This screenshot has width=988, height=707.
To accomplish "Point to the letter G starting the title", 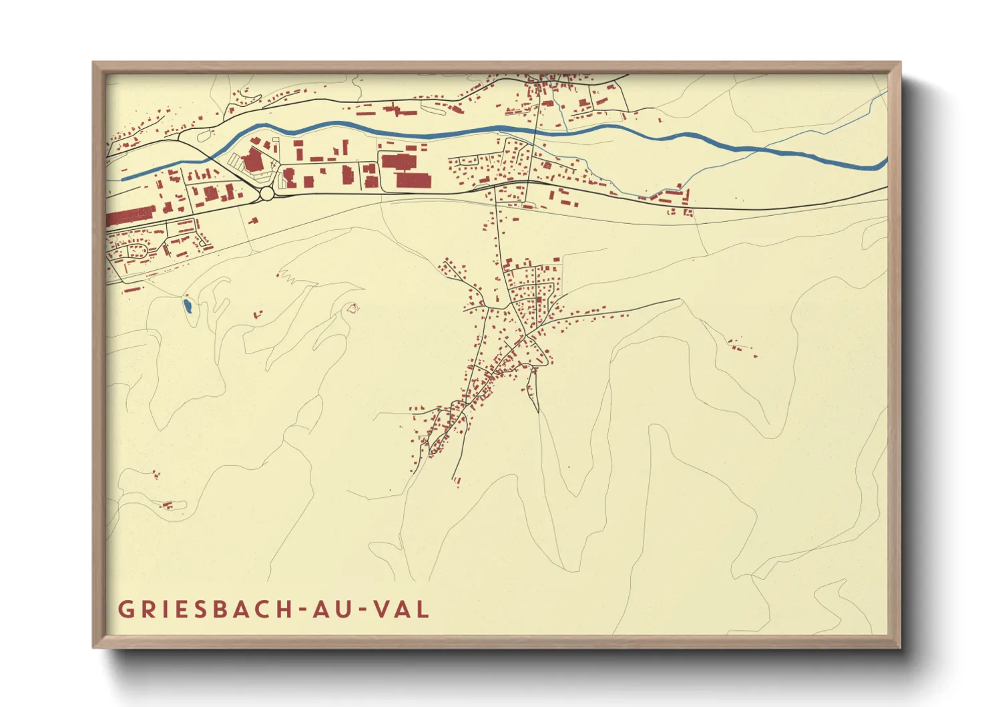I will tap(125, 609).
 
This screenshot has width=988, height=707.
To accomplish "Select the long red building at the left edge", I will tap(131, 217).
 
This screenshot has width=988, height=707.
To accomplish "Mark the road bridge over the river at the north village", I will tap(537, 131).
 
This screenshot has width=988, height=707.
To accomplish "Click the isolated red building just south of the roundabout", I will tap(253, 220).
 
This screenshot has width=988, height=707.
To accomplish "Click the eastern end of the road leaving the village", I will tap(679, 299).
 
